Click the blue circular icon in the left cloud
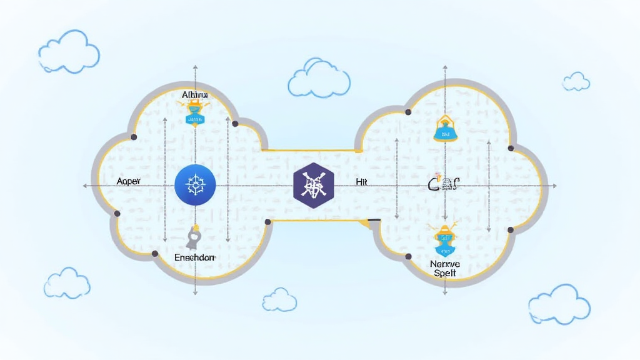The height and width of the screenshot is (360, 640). [x=196, y=186]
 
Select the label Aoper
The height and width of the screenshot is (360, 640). [x=130, y=181]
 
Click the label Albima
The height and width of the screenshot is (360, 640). [x=194, y=94]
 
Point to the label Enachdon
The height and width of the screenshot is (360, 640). [x=194, y=257]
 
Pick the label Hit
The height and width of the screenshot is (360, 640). [x=361, y=181]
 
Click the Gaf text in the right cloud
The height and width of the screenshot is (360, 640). [x=444, y=184]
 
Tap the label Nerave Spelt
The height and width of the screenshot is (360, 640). [x=444, y=269]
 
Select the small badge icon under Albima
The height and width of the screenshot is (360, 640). [x=194, y=112]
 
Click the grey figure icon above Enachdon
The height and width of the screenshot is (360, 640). [x=194, y=236]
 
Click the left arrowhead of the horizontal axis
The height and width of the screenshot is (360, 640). [x=84, y=186]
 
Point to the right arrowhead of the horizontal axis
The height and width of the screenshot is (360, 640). [x=554, y=186]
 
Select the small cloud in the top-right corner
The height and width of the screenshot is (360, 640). [x=576, y=81]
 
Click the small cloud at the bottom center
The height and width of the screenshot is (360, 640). [x=279, y=299]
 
